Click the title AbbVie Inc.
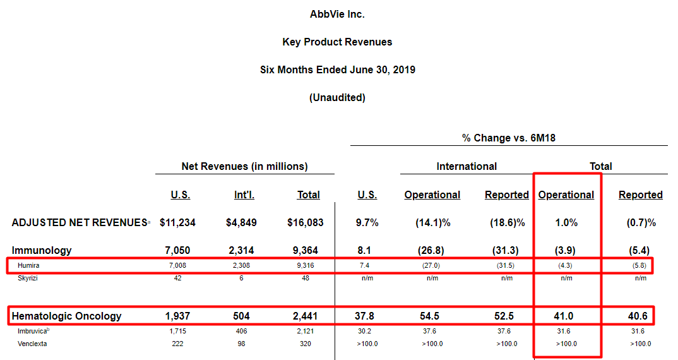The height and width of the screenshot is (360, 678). coord(337,14)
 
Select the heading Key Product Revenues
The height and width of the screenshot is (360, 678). coord(337,42)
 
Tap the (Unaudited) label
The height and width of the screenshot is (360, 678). coord(337,97)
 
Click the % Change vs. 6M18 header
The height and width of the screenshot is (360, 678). coord(508,138)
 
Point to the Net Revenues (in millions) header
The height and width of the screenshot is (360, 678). coord(244,167)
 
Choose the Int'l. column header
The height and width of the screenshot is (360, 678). coord(244,195)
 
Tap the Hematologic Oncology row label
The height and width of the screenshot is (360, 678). coord(67,316)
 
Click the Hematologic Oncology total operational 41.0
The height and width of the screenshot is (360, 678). coord(566,316)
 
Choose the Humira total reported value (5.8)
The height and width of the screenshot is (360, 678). coord(640,266)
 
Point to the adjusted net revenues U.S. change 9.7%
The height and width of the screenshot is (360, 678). coord(367,222)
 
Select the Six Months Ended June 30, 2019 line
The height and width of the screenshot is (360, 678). coord(337,69)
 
